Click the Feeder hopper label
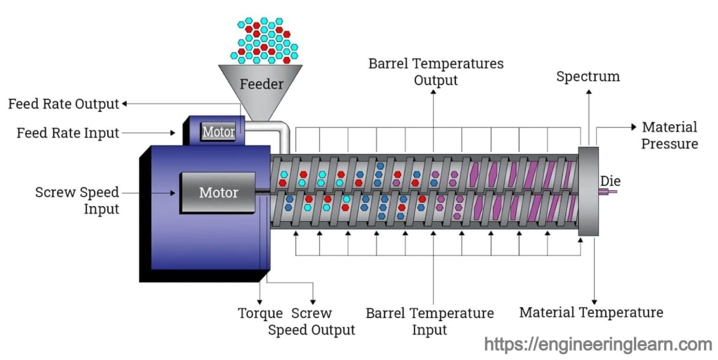(261, 84)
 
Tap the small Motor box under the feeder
(218, 132)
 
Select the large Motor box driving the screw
(218, 192)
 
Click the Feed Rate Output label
(64, 104)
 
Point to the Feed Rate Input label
(68, 133)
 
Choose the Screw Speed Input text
(77, 200)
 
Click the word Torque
(260, 313)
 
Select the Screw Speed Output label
(311, 321)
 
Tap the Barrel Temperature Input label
(430, 321)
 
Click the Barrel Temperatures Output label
(436, 71)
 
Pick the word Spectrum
(588, 76)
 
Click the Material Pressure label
(669, 135)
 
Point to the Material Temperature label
(591, 312)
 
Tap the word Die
(610, 181)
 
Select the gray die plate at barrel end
(588, 192)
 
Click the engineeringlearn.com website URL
(598, 345)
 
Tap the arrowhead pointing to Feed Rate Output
(125, 104)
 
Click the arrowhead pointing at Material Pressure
(633, 127)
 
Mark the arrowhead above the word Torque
(260, 301)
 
